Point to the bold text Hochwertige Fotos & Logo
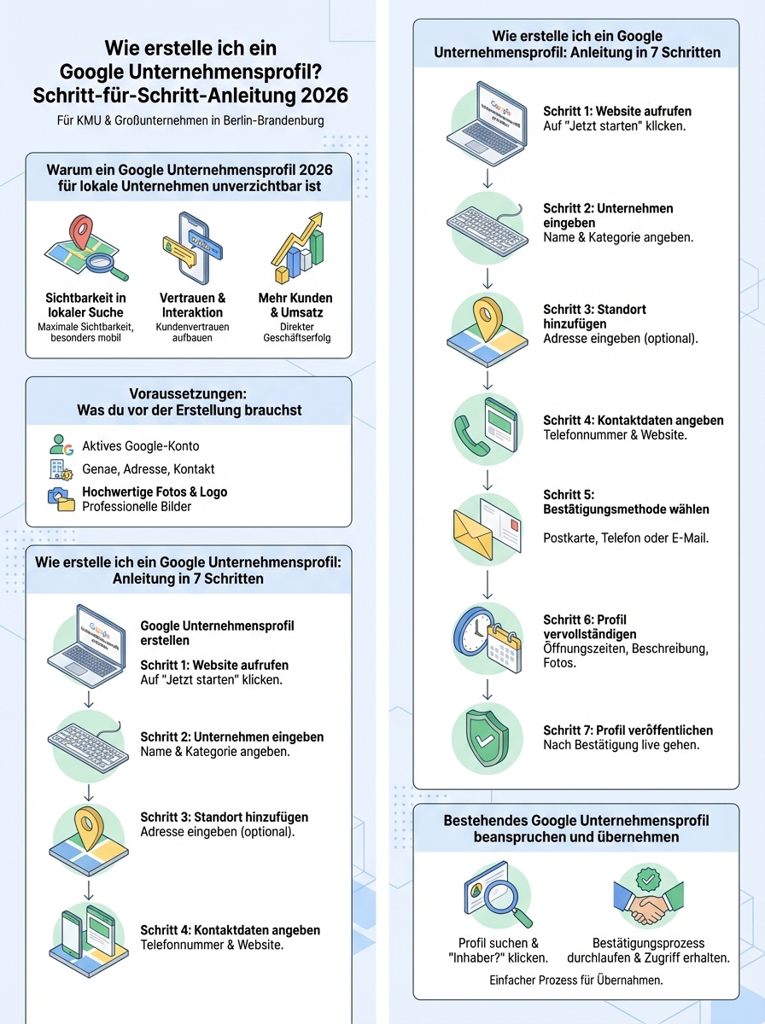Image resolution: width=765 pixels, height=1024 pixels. (x=154, y=492)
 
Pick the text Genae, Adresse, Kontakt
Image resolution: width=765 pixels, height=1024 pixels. (x=148, y=469)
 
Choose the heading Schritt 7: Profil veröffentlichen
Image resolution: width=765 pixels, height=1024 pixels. (x=628, y=730)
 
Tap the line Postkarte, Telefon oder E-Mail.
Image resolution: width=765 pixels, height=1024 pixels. (x=625, y=538)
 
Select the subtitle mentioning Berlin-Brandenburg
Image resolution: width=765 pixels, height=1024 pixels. (x=190, y=120)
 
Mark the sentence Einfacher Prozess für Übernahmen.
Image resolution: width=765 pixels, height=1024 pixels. (x=576, y=980)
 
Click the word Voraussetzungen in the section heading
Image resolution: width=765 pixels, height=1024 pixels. (x=189, y=393)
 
